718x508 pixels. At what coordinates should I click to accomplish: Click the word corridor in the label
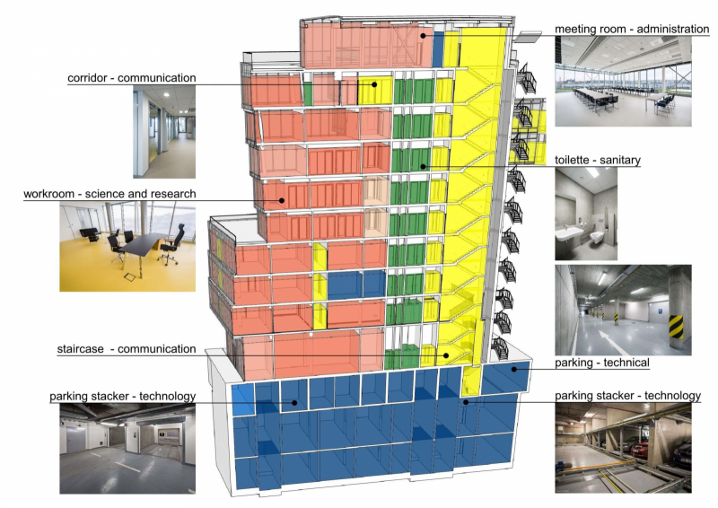90,78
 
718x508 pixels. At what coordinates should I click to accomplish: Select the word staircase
86,349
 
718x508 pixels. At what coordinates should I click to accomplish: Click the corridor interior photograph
164,133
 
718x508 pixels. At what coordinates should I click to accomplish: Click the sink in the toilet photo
571,230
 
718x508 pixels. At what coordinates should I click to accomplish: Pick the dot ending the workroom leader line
281,200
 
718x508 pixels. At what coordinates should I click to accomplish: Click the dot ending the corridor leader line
374,85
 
